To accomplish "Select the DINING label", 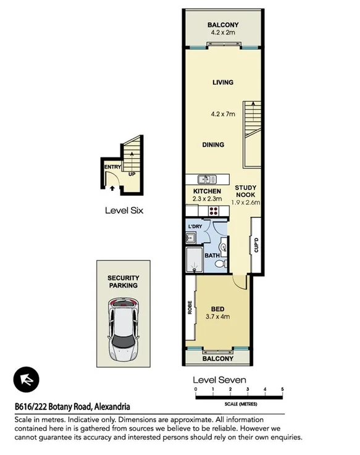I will [x=213, y=145].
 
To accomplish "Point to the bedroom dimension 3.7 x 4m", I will [x=217, y=317].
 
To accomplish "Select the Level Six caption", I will [x=123, y=210].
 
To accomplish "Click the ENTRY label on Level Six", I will [x=112, y=167].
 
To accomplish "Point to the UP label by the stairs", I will [x=131, y=174].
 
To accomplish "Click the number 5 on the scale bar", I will [x=282, y=390].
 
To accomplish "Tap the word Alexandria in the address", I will [x=112, y=406].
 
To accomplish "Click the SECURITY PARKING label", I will [x=123, y=282].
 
